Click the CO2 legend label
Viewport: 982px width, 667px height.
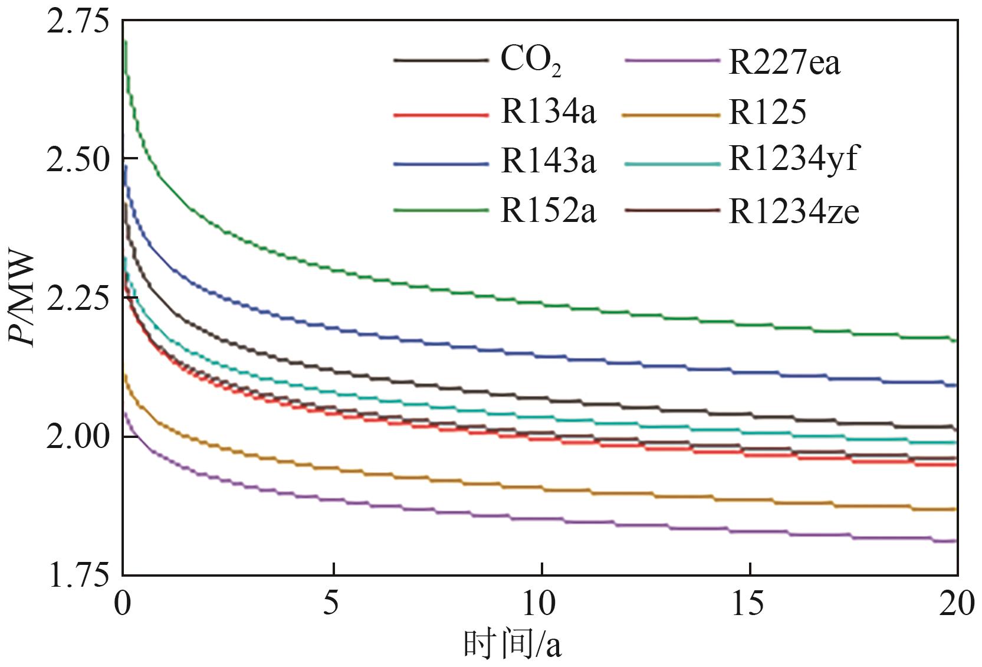pyautogui.click(x=530, y=61)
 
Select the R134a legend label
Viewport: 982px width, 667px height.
pyautogui.click(x=549, y=112)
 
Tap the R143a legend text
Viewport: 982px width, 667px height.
pyautogui.click(x=549, y=161)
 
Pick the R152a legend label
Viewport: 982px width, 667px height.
pyautogui.click(x=549, y=211)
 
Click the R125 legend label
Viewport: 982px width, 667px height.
pyautogui.click(x=767, y=112)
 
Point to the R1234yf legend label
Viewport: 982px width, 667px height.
pyautogui.click(x=793, y=159)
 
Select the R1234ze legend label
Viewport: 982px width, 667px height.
pyautogui.click(x=794, y=211)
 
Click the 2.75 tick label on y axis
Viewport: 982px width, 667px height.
pyautogui.click(x=78, y=22)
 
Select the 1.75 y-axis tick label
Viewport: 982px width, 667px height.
pyautogui.click(x=78, y=576)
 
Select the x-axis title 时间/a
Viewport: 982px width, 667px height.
pyautogui.click(x=512, y=645)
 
